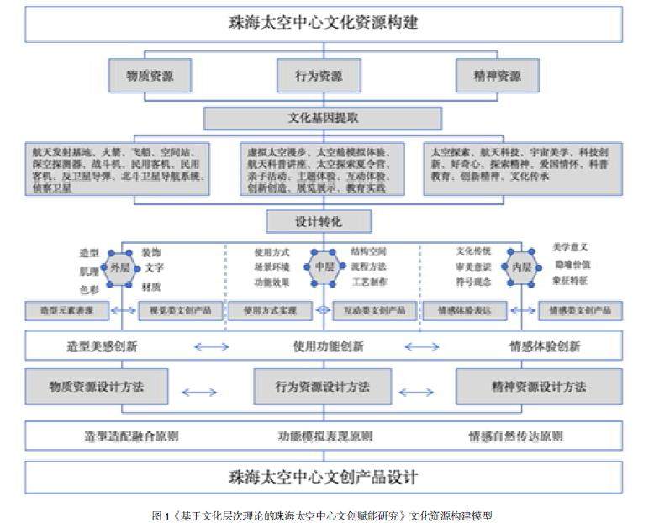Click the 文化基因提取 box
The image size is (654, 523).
pyautogui.click(x=324, y=118)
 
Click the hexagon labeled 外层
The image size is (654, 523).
pyautogui.click(x=117, y=268)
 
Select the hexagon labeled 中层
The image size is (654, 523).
pyautogui.click(x=324, y=268)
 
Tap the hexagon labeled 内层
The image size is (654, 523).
pyautogui.click(x=521, y=268)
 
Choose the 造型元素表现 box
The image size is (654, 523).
pyautogui.click(x=67, y=311)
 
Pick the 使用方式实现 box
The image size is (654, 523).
pyautogui.click(x=270, y=311)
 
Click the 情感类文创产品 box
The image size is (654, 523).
pyautogui.click(x=580, y=311)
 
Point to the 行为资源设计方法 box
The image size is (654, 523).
pyautogui.click(x=323, y=388)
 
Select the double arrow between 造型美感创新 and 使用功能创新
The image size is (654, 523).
pyautogui.click(x=211, y=346)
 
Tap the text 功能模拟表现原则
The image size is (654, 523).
pyautogui.click(x=325, y=436)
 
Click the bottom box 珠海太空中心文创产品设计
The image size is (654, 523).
pyautogui.click(x=324, y=478)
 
